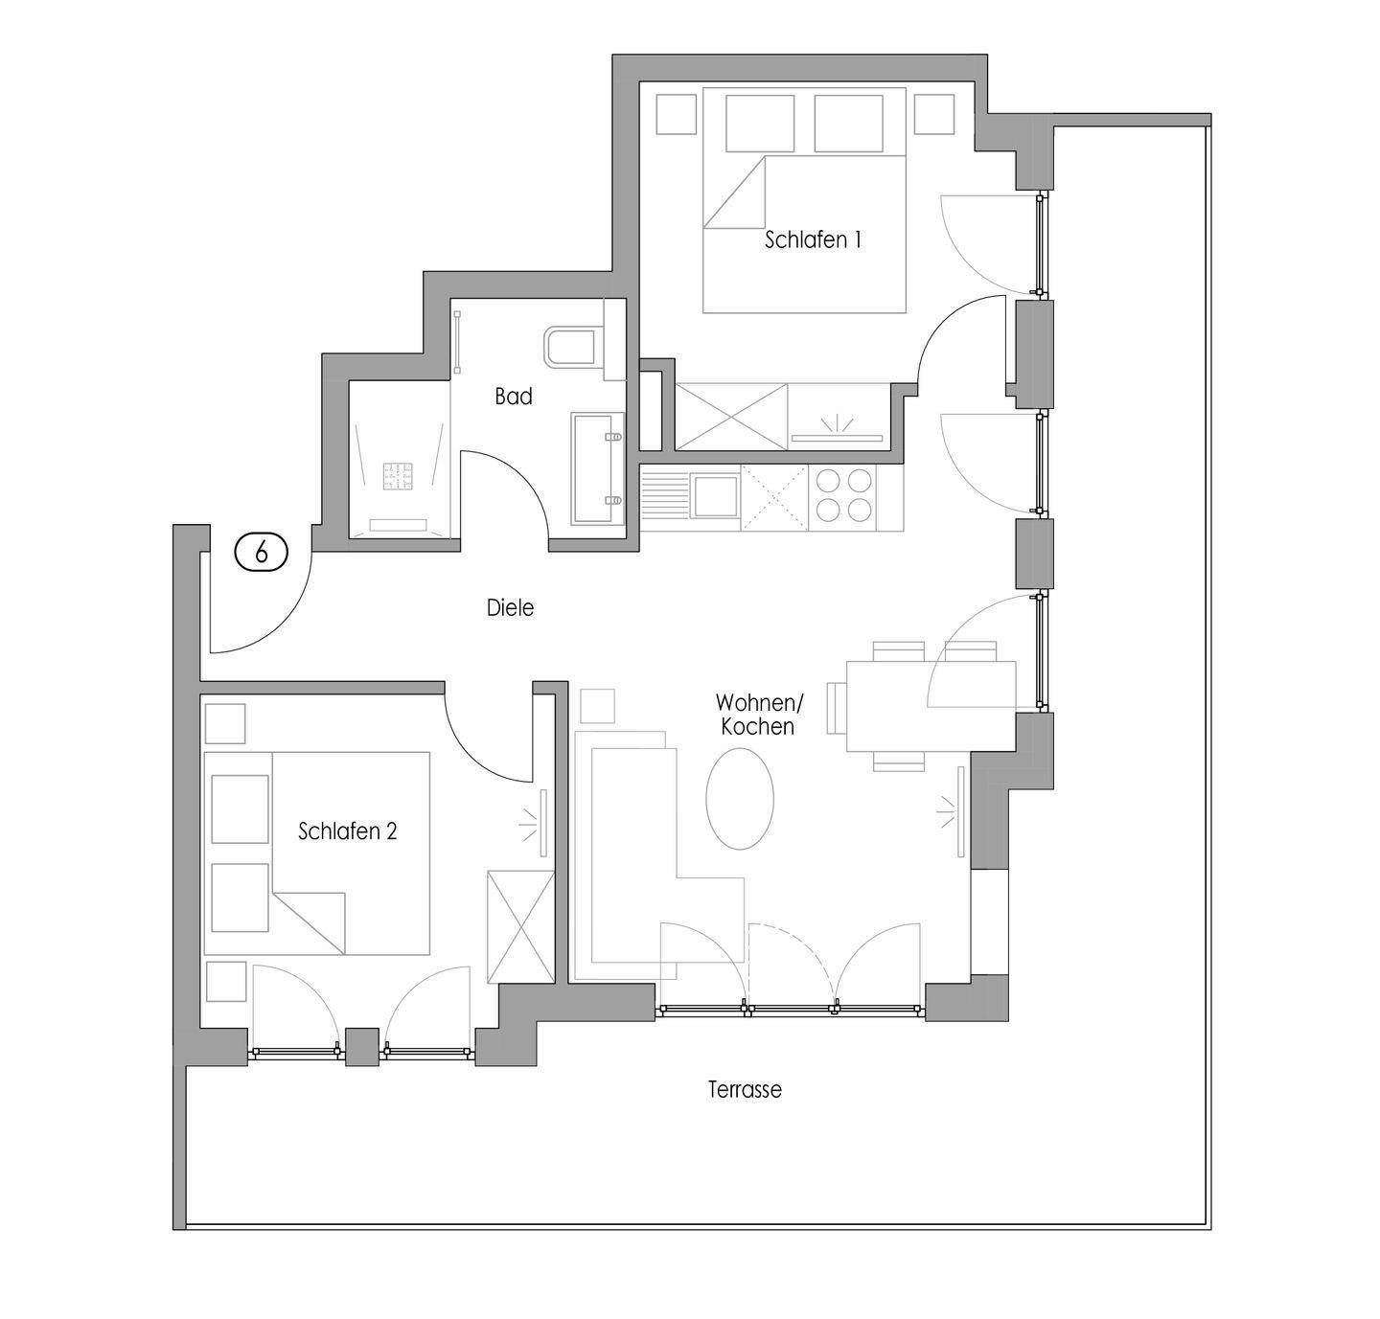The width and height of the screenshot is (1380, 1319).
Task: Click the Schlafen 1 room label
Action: point(813,239)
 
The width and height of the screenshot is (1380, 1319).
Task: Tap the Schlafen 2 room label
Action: point(348,830)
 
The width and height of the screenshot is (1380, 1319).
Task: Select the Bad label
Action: point(514,397)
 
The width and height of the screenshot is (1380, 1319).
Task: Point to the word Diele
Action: point(510,607)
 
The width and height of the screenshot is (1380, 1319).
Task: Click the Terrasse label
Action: point(745,1089)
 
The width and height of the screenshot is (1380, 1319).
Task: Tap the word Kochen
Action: point(757,726)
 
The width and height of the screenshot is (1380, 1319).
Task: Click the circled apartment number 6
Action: point(262,552)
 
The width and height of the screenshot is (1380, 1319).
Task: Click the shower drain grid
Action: point(398,476)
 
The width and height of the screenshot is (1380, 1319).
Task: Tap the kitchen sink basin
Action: point(715,496)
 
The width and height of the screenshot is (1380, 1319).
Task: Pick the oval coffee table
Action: point(740,798)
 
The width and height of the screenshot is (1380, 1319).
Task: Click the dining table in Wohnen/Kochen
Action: point(931,706)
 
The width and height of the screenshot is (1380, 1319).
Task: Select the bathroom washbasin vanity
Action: point(598,468)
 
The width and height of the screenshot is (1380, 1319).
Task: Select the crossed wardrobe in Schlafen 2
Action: point(520,926)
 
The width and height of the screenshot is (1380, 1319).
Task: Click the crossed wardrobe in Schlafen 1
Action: point(731,417)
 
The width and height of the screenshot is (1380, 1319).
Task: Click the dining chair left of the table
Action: point(837,708)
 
